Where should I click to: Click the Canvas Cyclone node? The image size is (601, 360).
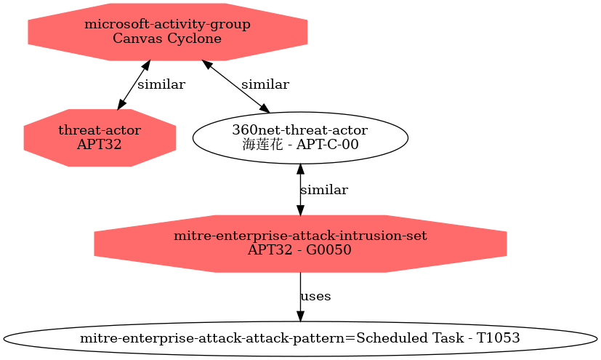[x=167, y=32]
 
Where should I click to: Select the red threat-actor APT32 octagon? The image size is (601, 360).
[x=100, y=137]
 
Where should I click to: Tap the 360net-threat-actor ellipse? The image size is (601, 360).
[x=300, y=137]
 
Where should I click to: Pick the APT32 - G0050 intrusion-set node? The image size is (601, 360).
[x=300, y=244]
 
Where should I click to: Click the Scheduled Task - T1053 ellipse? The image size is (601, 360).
[x=300, y=338]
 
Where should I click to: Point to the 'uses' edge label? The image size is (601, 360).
[x=315, y=296]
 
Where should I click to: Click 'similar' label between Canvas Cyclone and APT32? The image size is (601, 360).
[x=161, y=84]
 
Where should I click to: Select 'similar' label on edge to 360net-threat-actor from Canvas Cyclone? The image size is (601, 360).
[x=265, y=84]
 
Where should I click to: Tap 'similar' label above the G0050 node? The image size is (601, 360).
[x=324, y=190]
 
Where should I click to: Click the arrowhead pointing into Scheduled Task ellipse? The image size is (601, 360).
[x=300, y=316]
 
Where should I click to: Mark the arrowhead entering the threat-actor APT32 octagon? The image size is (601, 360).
[x=121, y=105]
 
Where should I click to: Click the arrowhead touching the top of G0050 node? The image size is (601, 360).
[x=300, y=209]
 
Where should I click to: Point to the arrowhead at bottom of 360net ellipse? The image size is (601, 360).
[x=300, y=169]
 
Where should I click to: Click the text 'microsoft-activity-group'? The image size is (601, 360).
[x=167, y=25]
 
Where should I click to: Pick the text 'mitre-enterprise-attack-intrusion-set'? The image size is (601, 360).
[x=300, y=236]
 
